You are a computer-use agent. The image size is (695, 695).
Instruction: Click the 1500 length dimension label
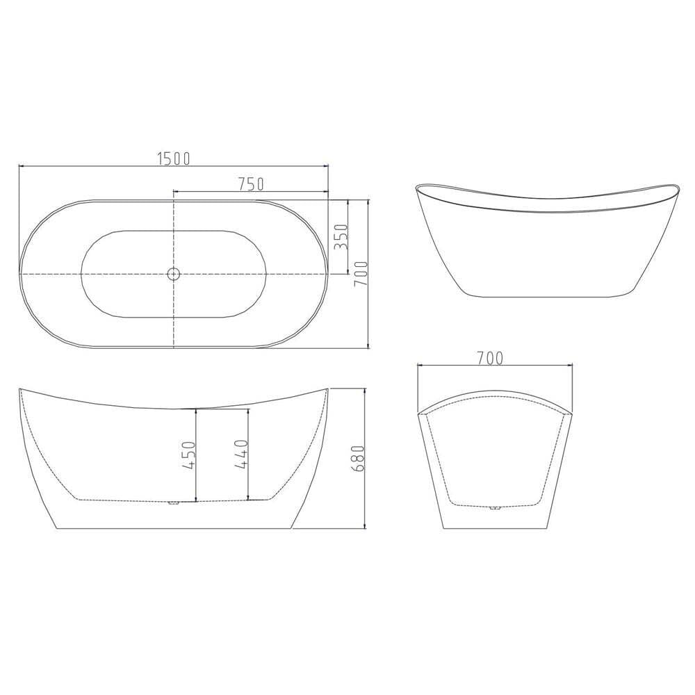pyautogui.click(x=174, y=158)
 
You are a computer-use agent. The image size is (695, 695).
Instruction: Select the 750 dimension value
pyautogui.click(x=251, y=183)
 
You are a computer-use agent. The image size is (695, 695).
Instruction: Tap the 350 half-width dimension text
pyautogui.click(x=341, y=237)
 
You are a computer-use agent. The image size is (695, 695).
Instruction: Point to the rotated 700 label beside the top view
pyautogui.click(x=361, y=274)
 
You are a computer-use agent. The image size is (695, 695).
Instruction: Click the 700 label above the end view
pyautogui.click(x=491, y=358)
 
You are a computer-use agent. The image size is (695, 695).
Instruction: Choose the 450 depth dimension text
pyautogui.click(x=188, y=455)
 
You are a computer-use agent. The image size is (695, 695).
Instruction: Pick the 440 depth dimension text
pyautogui.click(x=240, y=454)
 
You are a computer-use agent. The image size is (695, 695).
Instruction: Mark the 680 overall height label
pyautogui.click(x=357, y=459)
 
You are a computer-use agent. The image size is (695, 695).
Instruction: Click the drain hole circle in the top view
pyautogui.click(x=173, y=274)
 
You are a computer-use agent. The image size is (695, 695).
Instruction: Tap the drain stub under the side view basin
pyautogui.click(x=173, y=502)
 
